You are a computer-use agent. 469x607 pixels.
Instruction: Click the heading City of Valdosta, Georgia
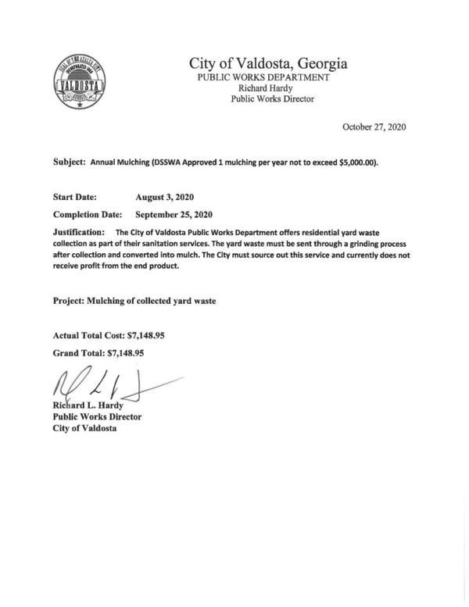click(x=268, y=63)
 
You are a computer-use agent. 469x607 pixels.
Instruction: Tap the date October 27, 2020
click(x=374, y=127)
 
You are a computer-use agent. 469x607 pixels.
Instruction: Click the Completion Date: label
click(x=87, y=214)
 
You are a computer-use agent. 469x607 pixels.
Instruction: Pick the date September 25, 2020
click(x=174, y=214)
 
